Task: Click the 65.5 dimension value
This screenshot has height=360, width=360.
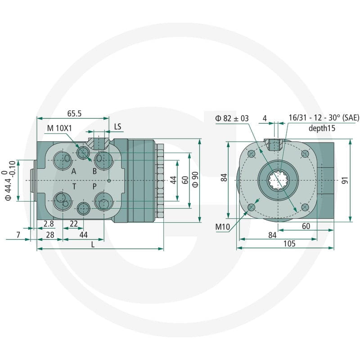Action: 74,113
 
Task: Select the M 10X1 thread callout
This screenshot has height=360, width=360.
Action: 59,128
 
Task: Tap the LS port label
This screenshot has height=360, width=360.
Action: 117,126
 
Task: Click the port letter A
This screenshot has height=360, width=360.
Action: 74,171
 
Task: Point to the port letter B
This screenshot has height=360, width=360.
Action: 94,171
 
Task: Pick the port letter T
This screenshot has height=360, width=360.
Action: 74,186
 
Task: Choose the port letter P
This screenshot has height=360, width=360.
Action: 94,186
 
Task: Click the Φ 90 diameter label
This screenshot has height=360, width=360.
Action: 195,180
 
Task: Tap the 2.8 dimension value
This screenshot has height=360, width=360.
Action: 49,223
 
